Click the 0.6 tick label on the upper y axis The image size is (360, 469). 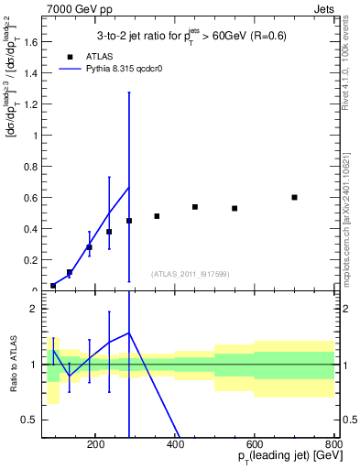tap(32, 197)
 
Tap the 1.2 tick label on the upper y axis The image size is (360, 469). tap(32, 104)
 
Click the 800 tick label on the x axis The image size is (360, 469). tap(333, 442)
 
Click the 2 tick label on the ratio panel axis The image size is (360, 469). tap(35, 309)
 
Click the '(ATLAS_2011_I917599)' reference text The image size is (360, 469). tap(190, 274)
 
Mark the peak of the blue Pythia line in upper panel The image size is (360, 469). tap(128, 187)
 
